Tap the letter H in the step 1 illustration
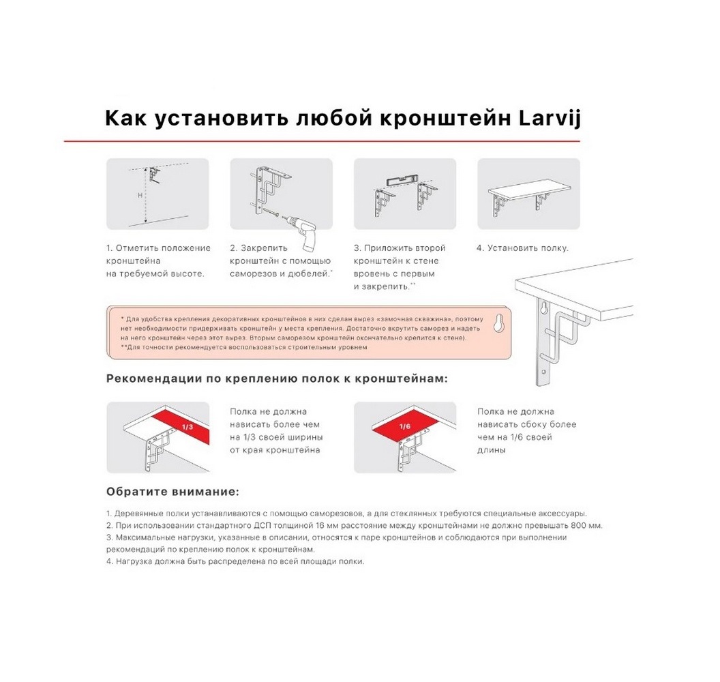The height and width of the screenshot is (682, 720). pos(140,195)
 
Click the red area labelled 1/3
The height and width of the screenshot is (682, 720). pos(183,426)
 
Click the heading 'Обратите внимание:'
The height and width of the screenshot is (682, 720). pos(172,491)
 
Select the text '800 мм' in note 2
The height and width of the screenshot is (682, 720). pos(588,525)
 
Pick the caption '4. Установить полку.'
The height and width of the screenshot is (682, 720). pos(522,248)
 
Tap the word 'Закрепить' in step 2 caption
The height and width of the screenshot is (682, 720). pos(263,248)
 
